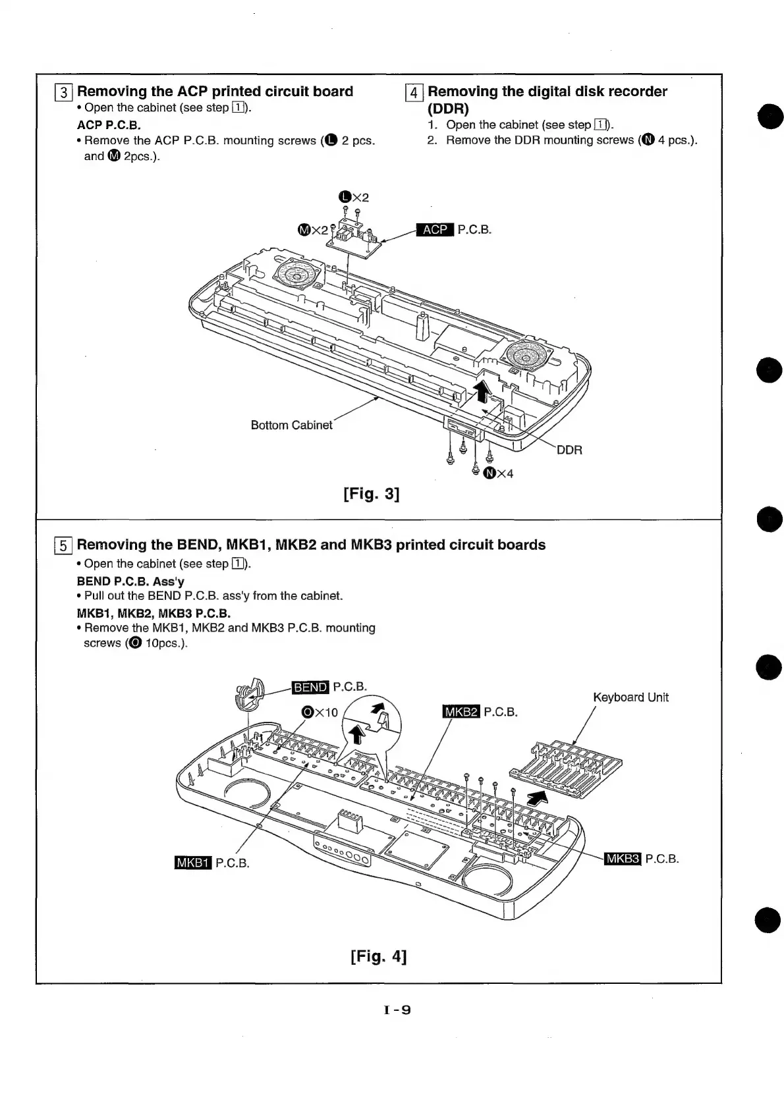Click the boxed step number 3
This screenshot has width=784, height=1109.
coord(63,92)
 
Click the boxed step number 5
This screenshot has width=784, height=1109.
coord(63,545)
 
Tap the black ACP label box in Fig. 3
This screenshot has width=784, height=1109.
coord(435,230)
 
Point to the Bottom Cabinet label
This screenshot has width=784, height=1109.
coord(291,425)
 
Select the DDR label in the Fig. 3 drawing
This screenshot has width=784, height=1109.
coord(569,450)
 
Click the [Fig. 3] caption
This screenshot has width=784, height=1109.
coord(372,493)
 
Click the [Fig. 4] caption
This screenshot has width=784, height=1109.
coord(379,956)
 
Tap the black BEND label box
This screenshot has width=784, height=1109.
coord(310,688)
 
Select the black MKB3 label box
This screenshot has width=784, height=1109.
coord(623,859)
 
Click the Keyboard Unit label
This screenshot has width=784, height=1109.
coord(630,697)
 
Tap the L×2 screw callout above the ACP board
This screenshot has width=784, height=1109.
coord(353,197)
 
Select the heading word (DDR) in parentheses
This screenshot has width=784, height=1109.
coord(448,109)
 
